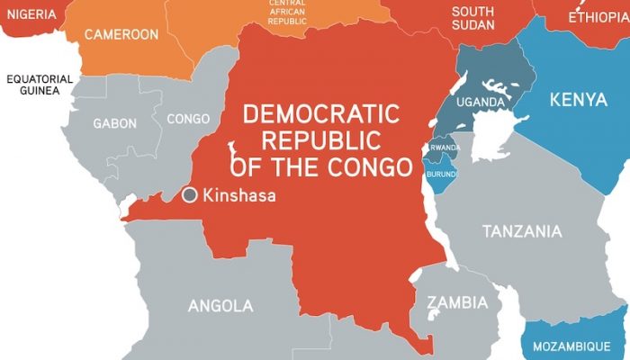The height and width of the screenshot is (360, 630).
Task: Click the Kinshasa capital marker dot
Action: point(190,194)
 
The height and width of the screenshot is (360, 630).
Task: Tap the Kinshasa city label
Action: point(239,194)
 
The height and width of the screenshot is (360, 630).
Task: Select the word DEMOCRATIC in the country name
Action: point(321,115)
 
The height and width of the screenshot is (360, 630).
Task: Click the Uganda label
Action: point(480,102)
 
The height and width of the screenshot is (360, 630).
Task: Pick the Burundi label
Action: point(442,173)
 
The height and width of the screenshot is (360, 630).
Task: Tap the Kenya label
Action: point(578,99)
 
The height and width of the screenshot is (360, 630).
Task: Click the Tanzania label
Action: point(522,232)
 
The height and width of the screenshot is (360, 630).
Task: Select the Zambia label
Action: point(457,302)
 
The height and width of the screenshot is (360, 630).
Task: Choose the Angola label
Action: point(220,306)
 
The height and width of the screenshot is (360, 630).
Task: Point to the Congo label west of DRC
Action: point(188,119)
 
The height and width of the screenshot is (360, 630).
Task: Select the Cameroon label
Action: point(121,35)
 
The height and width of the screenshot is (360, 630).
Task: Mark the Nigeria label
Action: point(28,14)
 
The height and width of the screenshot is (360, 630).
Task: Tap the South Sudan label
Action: point(473,18)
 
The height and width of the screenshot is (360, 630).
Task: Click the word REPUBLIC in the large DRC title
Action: point(321,141)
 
